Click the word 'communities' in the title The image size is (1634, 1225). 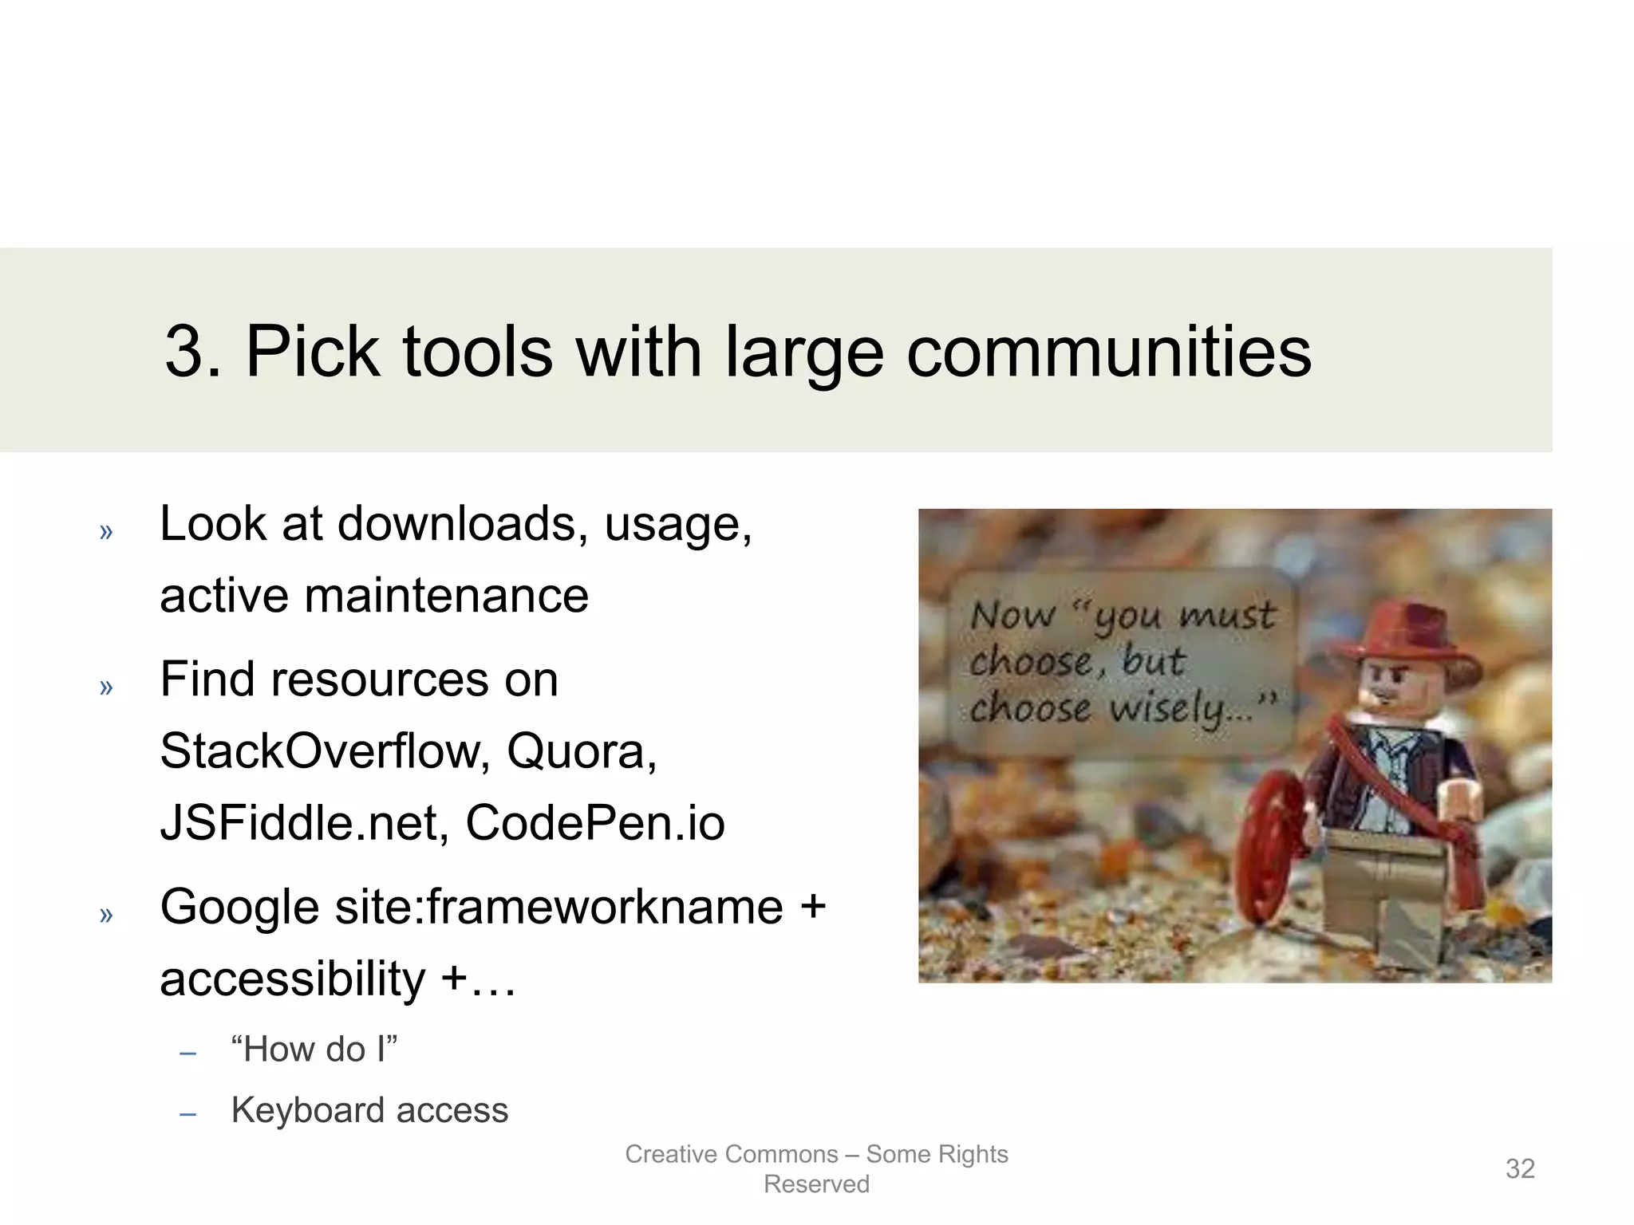click(x=1108, y=352)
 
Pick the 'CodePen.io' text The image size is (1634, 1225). click(x=594, y=823)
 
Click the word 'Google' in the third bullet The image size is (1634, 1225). click(x=239, y=908)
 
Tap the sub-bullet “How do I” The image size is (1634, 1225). click(x=314, y=1049)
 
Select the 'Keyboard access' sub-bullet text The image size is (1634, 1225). click(x=369, y=1110)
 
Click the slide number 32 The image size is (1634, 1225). click(x=1520, y=1168)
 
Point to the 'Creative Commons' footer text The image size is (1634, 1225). click(x=731, y=1154)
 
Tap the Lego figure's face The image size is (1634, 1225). click(x=1404, y=691)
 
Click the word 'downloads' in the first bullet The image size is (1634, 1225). click(x=456, y=524)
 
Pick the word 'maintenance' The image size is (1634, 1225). click(x=446, y=596)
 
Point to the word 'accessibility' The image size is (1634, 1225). click(x=292, y=979)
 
